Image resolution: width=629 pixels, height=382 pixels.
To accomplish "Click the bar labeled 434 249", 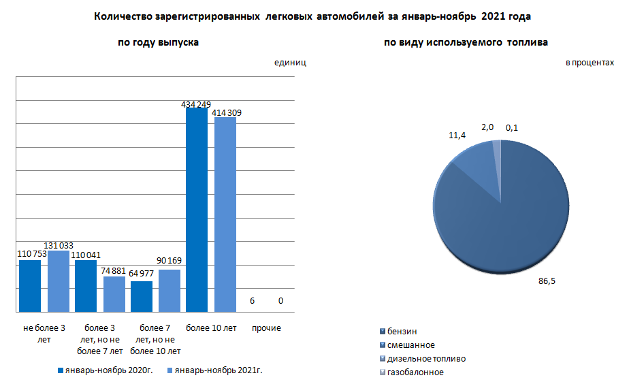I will click(x=197, y=210).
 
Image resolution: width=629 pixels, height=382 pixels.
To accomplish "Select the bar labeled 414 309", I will click(x=225, y=214).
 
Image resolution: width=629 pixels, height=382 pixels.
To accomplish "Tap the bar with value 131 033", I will click(x=59, y=281).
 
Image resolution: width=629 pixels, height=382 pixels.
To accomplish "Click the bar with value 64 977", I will click(x=142, y=296).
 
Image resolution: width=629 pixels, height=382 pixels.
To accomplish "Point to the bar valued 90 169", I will click(x=170, y=291).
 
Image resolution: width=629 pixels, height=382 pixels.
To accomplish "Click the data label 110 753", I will click(x=30, y=254).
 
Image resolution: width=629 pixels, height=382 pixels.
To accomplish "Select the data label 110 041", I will click(x=85, y=255).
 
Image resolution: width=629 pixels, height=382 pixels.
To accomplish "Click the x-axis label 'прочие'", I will click(x=266, y=328).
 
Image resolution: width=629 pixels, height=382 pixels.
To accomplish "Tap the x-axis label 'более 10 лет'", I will click(x=211, y=328).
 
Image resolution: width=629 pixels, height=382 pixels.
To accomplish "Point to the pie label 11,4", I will click(x=457, y=136).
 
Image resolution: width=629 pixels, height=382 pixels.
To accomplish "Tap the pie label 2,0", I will click(x=488, y=127).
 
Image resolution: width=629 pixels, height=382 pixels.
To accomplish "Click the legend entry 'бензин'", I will click(x=402, y=332).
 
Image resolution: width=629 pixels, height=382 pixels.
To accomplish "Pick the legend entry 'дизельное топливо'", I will click(x=426, y=359).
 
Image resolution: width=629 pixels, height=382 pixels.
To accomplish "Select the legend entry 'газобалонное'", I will click(x=415, y=372).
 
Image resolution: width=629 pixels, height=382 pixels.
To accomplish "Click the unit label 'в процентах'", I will click(x=590, y=63).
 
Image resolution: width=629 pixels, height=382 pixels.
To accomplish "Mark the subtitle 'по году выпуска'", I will click(x=158, y=42).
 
